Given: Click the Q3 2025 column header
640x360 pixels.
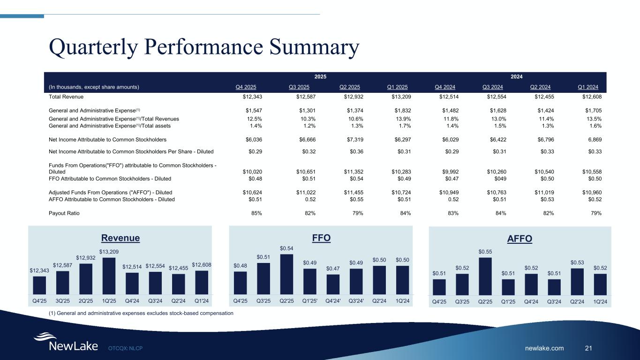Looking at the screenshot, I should pos(299,87).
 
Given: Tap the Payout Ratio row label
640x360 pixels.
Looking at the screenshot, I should pos(64,213).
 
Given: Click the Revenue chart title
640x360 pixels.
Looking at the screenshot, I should pos(121,238).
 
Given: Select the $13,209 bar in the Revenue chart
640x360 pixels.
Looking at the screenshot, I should pos(108,274).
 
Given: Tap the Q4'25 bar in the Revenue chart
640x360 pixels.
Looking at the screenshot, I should pos(39,284).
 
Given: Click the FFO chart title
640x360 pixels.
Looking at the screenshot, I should pos(321,238).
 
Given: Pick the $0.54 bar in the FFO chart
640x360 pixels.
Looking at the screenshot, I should pos(286,272).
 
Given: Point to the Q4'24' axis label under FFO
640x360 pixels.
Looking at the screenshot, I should pos(332,301).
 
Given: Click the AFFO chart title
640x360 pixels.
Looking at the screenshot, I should pos(520,239).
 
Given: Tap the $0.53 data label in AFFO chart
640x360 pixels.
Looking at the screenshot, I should pos(577,263).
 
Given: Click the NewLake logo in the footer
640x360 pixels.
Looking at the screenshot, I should pos(66,342).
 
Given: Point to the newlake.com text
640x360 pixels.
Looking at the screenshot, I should pos(545,348).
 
